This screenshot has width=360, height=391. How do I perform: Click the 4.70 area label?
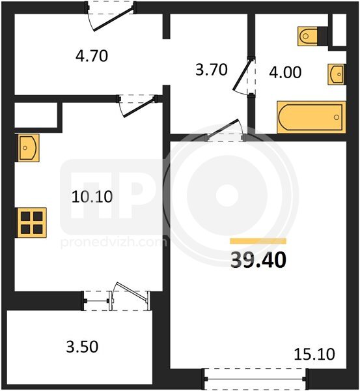point(92,56)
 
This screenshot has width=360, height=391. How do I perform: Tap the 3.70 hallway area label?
point(212,70)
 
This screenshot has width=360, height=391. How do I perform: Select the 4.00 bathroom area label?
point(285,72)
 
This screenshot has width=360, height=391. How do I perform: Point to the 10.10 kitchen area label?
point(92,197)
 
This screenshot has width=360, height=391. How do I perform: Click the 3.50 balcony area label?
point(82,347)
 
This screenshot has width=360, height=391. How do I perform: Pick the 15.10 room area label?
point(314,354)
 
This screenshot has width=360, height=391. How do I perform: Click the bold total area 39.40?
point(258,260)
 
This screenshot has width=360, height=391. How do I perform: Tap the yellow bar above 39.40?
point(258,241)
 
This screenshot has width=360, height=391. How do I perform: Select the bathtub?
point(311,117)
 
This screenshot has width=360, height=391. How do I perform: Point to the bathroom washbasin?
point(337,74)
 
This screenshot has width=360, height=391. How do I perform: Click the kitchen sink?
point(27,148)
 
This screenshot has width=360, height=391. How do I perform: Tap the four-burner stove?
point(31,223)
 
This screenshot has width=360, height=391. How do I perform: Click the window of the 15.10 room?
point(255,379)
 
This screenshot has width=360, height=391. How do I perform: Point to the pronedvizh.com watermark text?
point(114,242)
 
